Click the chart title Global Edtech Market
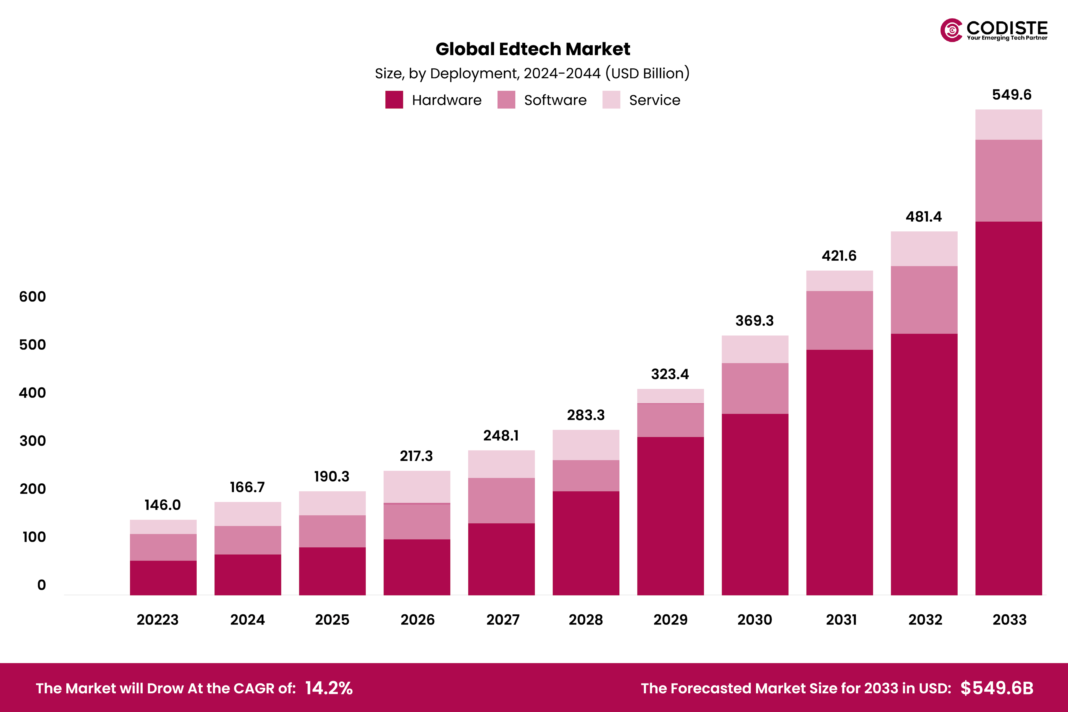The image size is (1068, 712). click(533, 49)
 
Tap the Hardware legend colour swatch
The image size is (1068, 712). click(394, 100)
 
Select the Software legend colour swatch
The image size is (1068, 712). click(506, 100)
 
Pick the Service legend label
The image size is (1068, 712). click(654, 100)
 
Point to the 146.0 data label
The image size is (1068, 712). click(162, 505)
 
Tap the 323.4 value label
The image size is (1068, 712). click(670, 374)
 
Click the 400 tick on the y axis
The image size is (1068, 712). click(32, 393)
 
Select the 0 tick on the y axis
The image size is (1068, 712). click(41, 585)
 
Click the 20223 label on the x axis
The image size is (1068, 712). click(158, 620)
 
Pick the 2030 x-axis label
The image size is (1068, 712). click(754, 620)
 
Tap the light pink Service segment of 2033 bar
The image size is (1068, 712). click(1008, 124)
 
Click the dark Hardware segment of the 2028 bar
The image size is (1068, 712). click(586, 543)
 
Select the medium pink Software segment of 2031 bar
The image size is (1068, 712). click(839, 320)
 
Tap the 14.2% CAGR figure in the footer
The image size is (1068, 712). click(329, 688)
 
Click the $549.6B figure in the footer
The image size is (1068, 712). click(997, 688)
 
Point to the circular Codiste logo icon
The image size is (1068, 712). click(951, 30)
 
